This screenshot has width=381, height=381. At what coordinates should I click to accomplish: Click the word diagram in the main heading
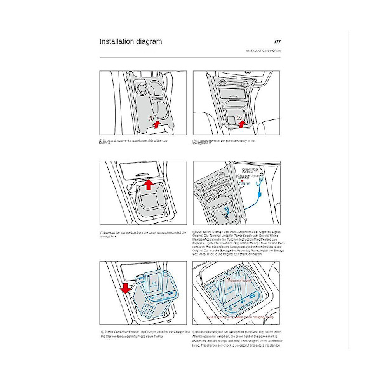[x=149, y=42]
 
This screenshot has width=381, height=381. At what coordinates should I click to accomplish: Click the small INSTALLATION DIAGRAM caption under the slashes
[x=264, y=50]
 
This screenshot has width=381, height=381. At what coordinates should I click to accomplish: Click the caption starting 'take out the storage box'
[x=143, y=234]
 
